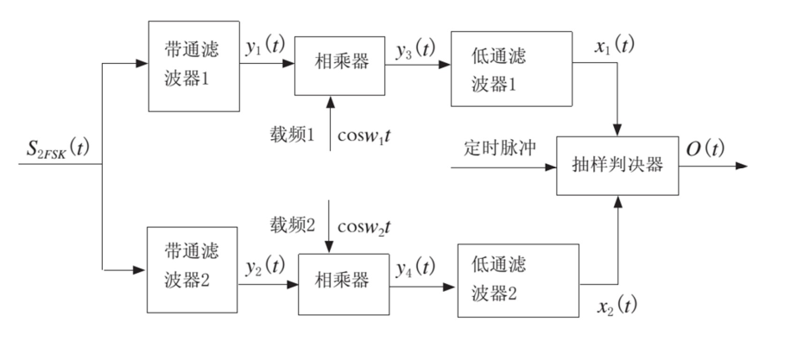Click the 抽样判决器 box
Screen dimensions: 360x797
614,166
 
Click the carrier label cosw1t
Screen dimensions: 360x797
369,136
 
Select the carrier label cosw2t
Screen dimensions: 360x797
369,226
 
